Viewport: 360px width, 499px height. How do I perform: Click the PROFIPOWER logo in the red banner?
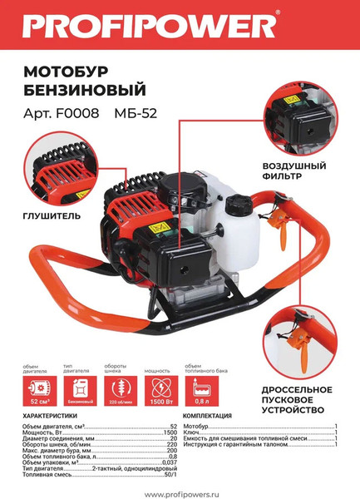(x=150, y=26)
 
